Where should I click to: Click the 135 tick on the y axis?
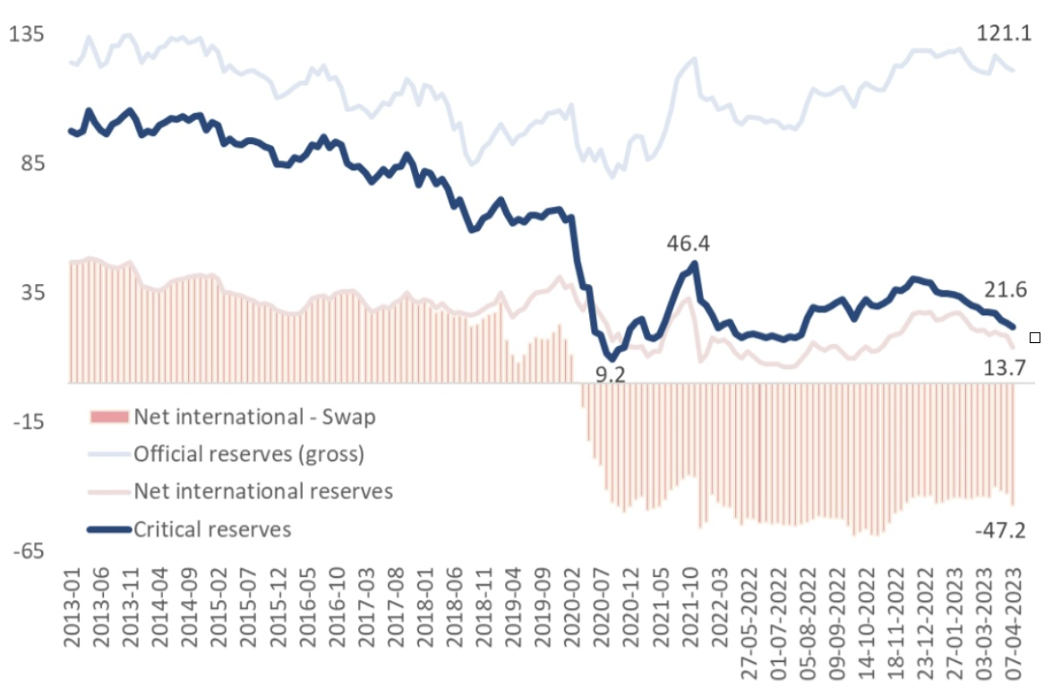click(x=27, y=35)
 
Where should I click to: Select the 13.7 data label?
click(x=1003, y=366)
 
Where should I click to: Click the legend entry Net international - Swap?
click(x=254, y=417)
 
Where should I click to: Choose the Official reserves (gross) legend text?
click(x=249, y=454)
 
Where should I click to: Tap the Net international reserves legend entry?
click(x=263, y=492)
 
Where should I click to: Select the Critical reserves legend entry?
click(x=212, y=529)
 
